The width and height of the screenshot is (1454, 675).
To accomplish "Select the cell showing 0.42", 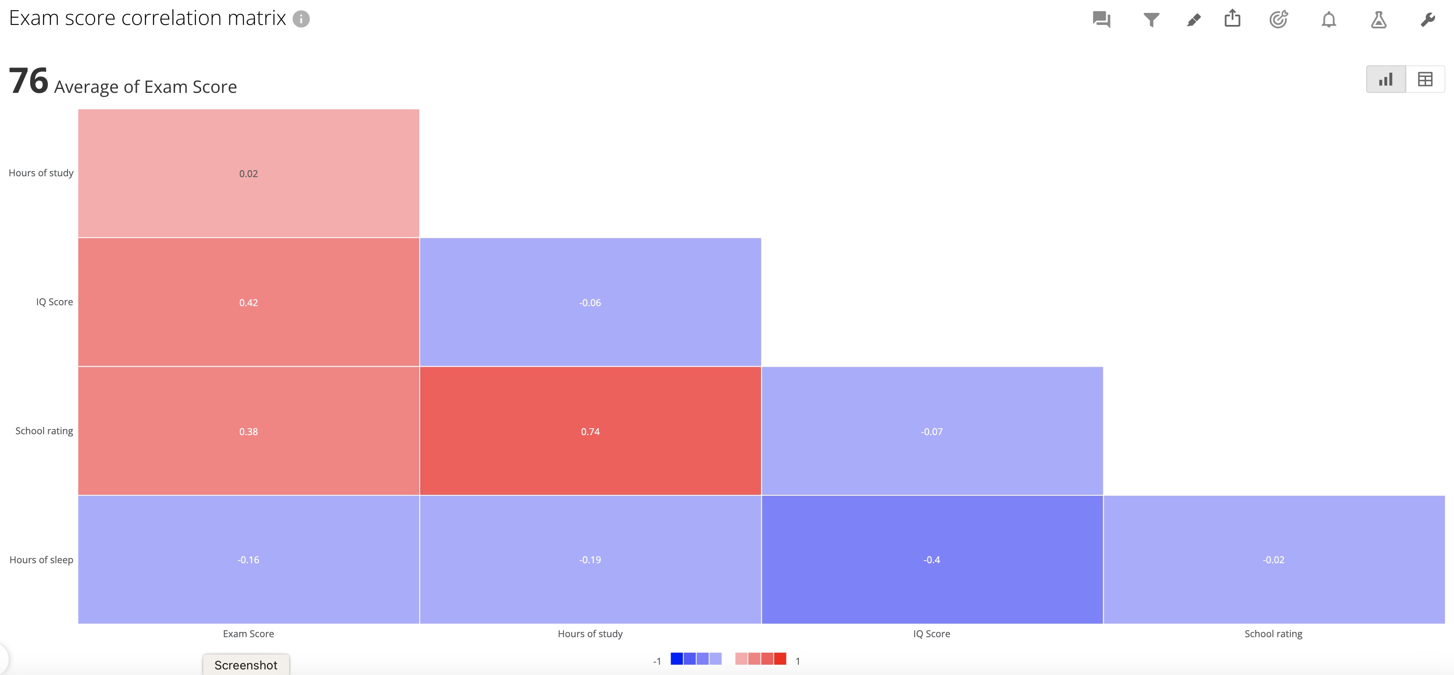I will (248, 302).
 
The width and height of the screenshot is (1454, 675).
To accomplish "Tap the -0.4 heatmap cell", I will (932, 559).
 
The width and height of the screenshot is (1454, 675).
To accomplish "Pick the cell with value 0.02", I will (248, 173).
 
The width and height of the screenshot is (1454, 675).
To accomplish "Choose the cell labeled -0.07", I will (932, 431).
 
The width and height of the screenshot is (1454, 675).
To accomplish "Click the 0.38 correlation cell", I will (248, 431).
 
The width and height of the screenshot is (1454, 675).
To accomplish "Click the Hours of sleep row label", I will (41, 559).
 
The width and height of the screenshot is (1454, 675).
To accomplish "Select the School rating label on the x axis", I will (1273, 633).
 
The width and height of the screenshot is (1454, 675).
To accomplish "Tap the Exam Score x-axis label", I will (248, 633).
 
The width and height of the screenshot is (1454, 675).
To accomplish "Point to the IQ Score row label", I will (54, 302).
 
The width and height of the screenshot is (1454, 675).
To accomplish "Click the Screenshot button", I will (246, 665).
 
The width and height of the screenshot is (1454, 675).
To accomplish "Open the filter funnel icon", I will (1151, 20).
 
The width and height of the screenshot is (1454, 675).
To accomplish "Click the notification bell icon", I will (1329, 20).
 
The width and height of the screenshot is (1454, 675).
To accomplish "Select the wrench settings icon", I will (1427, 20).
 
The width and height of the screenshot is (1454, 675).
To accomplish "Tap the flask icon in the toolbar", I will (1378, 20).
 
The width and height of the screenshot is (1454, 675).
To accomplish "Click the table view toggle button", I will (1425, 80).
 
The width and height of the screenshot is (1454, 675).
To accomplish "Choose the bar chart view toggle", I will (1386, 80).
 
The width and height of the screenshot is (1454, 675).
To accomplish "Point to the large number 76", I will (29, 81).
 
